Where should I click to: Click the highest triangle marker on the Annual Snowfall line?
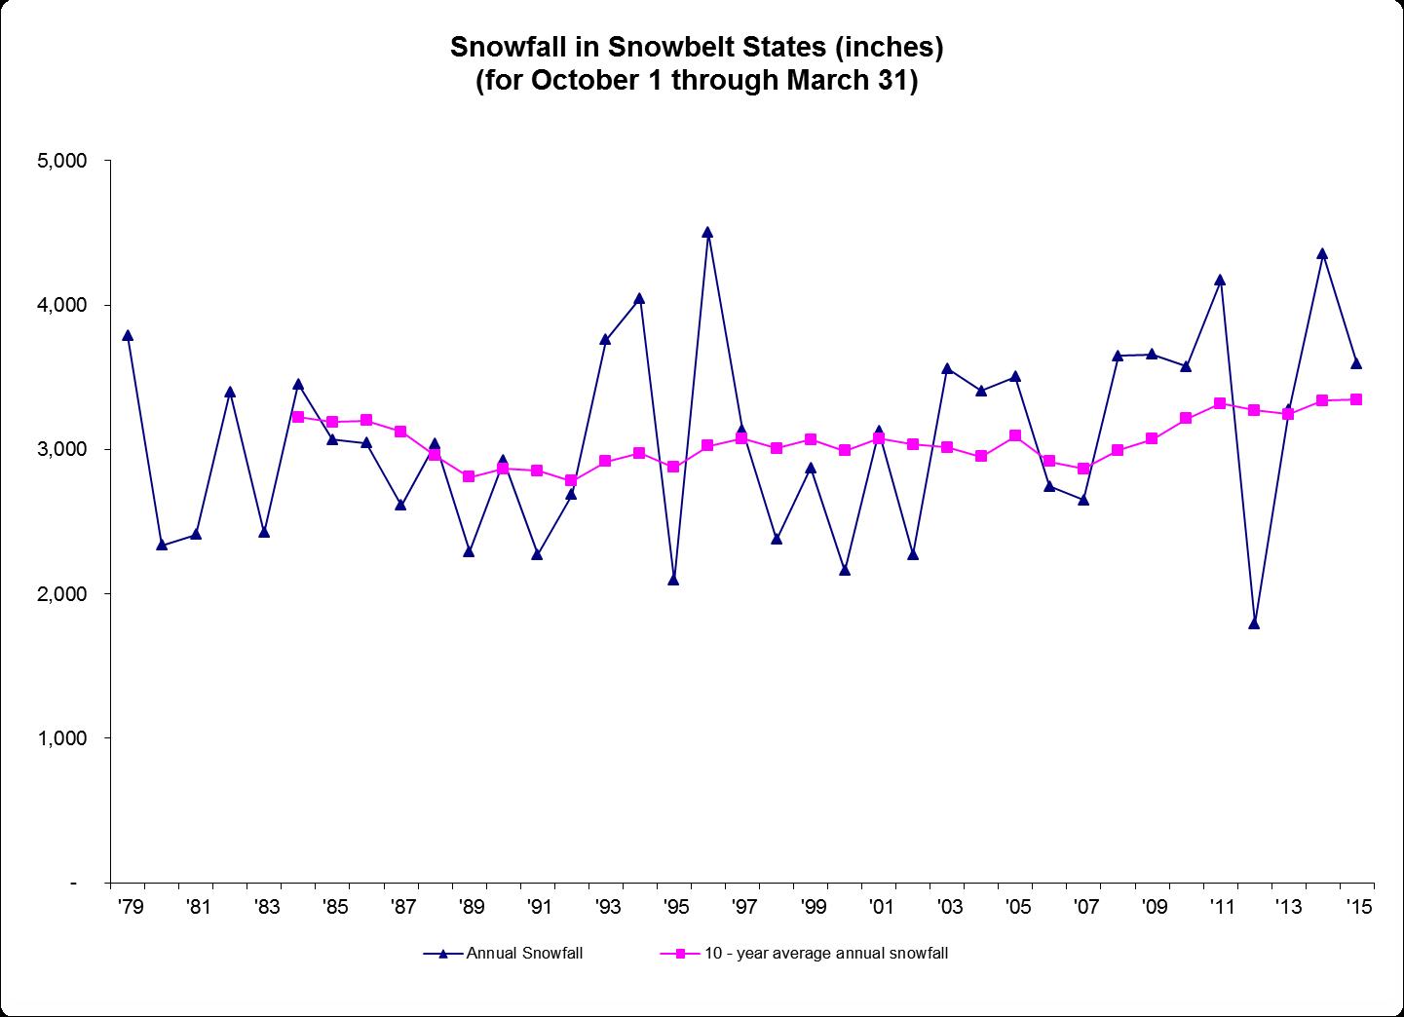707,233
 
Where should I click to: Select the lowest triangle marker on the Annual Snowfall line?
1254,623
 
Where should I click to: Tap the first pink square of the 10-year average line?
298,417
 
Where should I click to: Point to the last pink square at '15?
1356,399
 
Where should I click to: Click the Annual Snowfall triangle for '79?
128,336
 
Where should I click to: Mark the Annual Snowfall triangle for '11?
1220,281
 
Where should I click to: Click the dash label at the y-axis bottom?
74,883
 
